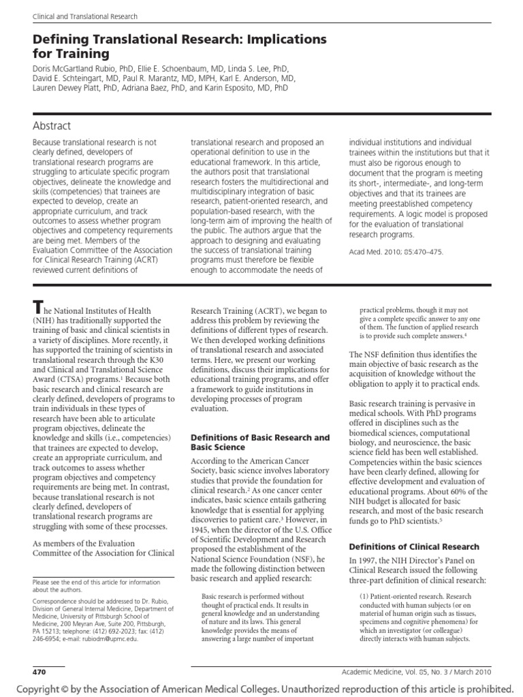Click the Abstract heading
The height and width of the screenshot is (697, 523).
52,126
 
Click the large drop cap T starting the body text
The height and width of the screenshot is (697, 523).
39,309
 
